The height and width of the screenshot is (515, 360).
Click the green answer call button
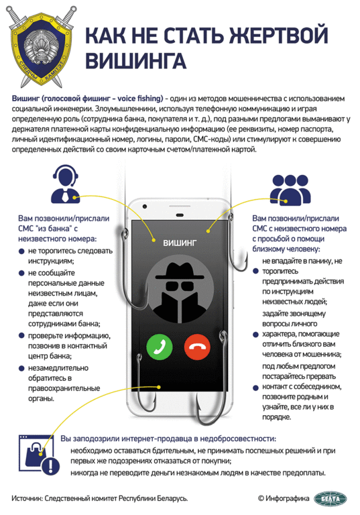pyautogui.click(x=160, y=347)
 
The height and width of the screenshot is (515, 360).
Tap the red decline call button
pyautogui.click(x=197, y=347)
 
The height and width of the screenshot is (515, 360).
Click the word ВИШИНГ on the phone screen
pyautogui.click(x=180, y=243)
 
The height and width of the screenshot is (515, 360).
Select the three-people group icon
pyautogui.click(x=290, y=190)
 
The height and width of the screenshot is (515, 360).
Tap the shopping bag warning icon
pyautogui.click(x=40, y=455)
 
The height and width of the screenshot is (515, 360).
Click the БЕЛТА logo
pyautogui.click(x=330, y=499)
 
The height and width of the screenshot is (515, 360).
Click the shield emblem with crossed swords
pyautogui.click(x=40, y=46)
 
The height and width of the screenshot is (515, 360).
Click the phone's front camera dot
pyautogui.click(x=145, y=207)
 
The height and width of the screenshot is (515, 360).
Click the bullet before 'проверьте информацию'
pyautogui.click(x=21, y=336)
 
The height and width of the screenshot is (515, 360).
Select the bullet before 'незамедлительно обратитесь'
pyautogui.click(x=21, y=368)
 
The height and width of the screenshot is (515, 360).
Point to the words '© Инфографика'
pyautogui.click(x=284, y=499)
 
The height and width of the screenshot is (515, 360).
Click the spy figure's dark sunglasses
pyautogui.click(x=179, y=285)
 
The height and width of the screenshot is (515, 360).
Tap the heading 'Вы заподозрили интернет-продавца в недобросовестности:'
pyautogui.click(x=168, y=439)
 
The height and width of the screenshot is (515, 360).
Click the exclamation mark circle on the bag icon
pyautogui.click(x=50, y=465)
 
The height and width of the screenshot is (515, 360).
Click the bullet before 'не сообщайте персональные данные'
pyautogui.click(x=21, y=273)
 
